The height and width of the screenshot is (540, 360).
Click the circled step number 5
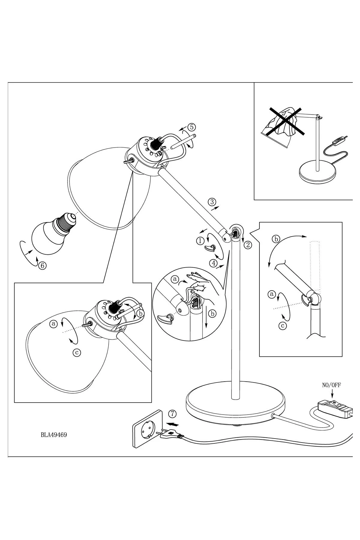[191, 127]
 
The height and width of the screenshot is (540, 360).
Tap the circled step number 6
[42, 265]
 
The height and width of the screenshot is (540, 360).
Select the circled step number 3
[212, 202]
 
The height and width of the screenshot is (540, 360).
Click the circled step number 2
[247, 245]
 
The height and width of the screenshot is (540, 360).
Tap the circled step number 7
[172, 414]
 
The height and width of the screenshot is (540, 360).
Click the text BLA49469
[54, 434]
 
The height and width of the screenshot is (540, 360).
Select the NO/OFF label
[331, 385]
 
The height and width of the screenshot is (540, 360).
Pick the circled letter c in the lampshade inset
[77, 352]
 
